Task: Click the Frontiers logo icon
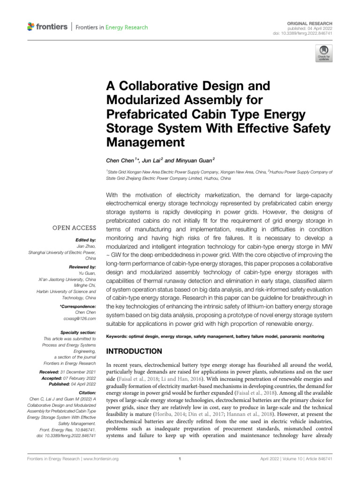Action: point(31,27)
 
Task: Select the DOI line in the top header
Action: point(306,33)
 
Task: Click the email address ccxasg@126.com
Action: point(81,319)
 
